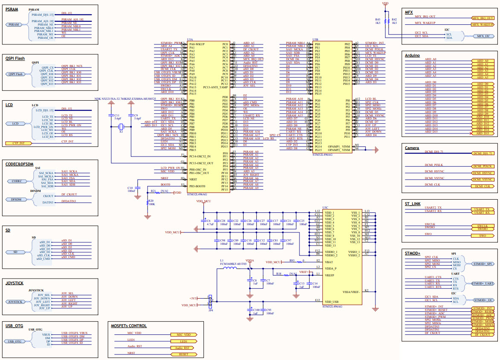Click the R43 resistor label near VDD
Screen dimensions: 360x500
coord(378,20)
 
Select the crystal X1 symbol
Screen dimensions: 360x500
coord(121,127)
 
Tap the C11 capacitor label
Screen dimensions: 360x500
coord(117,115)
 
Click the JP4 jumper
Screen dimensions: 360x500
coord(210,301)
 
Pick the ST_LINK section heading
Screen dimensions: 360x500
coord(413,204)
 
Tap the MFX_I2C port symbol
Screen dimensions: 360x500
coord(483,36)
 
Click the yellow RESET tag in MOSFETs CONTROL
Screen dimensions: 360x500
coord(183,354)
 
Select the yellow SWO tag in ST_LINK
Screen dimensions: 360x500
coord(482,235)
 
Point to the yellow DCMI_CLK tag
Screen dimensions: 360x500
coord(482,186)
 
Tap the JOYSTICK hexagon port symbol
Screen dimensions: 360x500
coord(16,302)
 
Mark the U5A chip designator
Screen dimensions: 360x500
coord(191,40)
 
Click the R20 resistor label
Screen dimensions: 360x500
coord(150,200)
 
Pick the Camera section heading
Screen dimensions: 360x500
coord(412,148)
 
